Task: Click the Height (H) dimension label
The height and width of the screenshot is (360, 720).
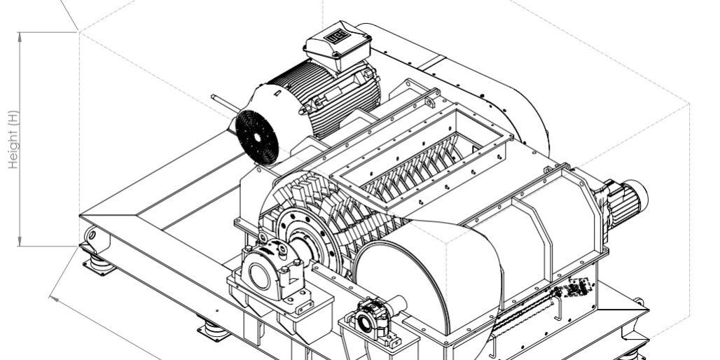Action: (14, 139)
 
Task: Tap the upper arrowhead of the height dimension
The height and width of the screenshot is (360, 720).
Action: (20, 36)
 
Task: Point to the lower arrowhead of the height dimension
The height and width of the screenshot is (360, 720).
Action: (20, 242)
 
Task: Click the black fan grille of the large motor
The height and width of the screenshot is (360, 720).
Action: (256, 137)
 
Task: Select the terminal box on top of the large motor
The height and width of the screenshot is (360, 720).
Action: (338, 45)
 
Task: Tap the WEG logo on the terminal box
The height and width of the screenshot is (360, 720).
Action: (335, 36)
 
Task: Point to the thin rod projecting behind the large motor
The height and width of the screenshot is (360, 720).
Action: (225, 104)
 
